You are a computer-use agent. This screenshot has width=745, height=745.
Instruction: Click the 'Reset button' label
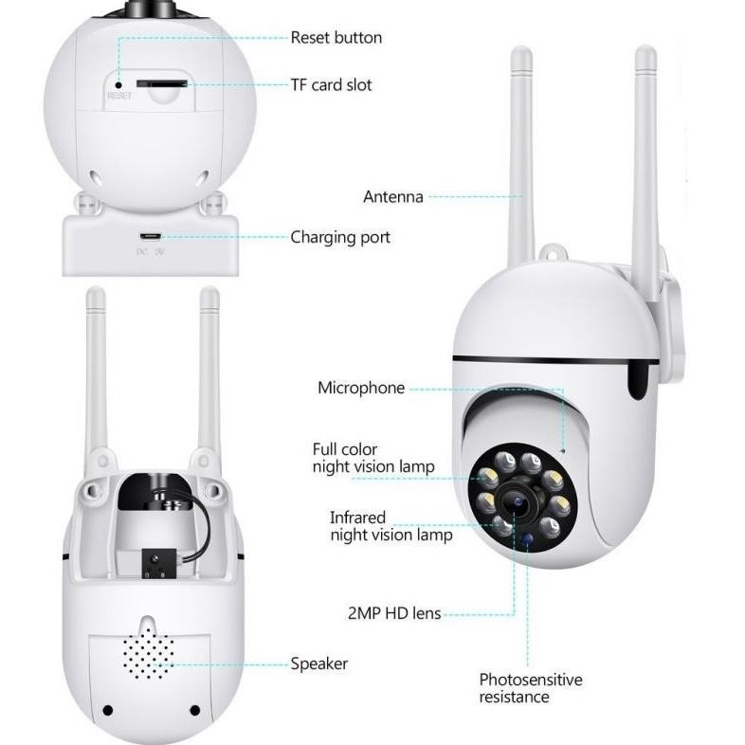[336, 38]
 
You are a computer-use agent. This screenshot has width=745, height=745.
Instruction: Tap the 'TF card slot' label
[331, 85]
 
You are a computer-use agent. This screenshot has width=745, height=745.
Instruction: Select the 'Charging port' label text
[340, 237]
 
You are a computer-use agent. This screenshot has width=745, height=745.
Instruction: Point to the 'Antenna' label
[393, 197]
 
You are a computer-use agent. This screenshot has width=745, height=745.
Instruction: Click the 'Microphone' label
[361, 388]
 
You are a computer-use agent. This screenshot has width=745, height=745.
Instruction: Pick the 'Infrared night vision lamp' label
[391, 526]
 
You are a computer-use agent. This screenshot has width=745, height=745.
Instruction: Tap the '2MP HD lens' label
[394, 613]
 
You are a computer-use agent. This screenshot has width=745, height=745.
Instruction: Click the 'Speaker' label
[318, 663]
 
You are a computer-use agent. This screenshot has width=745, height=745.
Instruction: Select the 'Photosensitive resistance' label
[530, 688]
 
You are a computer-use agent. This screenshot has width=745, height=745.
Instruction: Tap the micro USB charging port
[150, 237]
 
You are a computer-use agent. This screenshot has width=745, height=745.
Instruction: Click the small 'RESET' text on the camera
[118, 96]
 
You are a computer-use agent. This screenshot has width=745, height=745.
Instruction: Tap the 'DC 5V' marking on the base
[150, 252]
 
